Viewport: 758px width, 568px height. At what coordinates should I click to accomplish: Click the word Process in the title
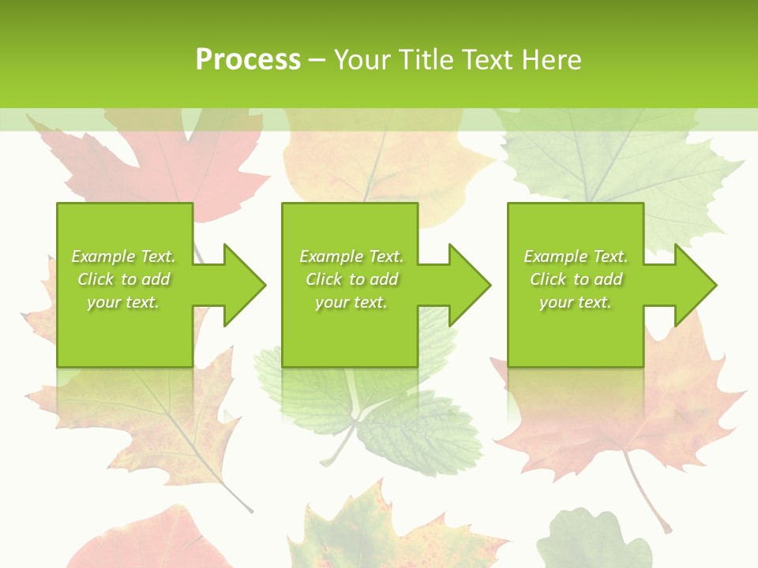coord(248,60)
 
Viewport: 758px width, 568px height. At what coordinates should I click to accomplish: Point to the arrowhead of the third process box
coord(694,285)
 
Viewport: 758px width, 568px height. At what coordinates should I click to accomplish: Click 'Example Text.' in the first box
coord(123,256)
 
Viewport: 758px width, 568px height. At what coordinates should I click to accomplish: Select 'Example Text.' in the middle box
coord(351,256)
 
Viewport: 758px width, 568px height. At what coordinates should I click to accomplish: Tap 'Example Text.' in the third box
coord(576,256)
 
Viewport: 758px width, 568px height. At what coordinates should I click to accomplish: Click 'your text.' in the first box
coord(123,302)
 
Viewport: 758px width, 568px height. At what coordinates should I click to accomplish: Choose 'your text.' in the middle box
coord(351,302)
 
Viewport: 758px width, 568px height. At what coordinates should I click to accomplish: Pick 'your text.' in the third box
coord(576,302)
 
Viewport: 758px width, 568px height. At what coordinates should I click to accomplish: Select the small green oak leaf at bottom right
coord(592,540)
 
